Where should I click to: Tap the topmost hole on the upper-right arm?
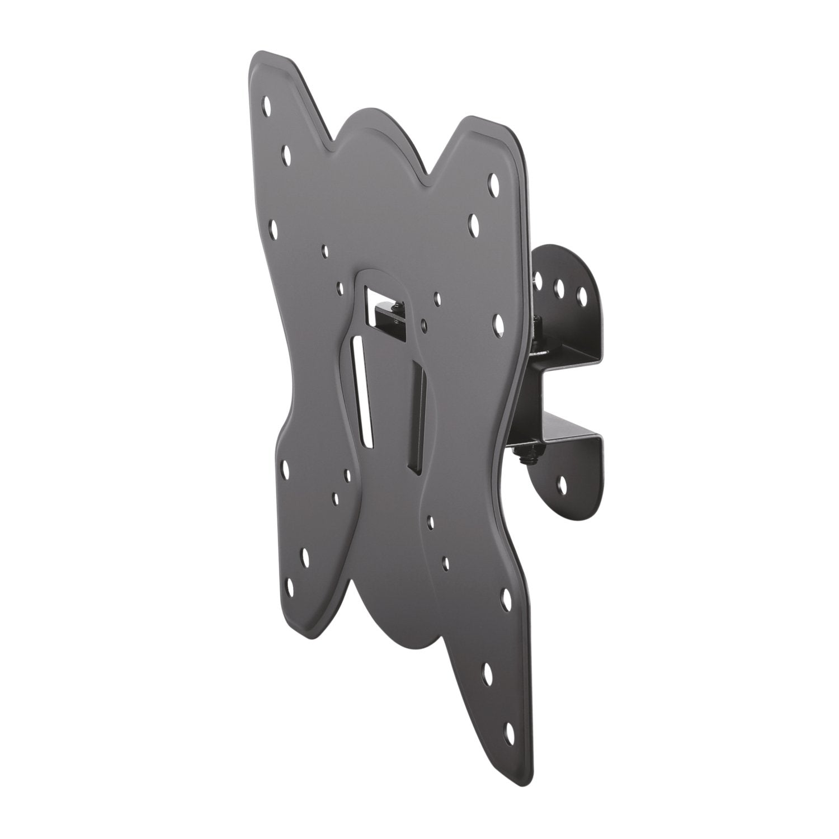point(494,181)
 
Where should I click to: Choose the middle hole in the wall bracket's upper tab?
point(558,286)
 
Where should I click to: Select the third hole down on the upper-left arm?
point(274,226)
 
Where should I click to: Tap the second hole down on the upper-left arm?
point(286,152)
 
